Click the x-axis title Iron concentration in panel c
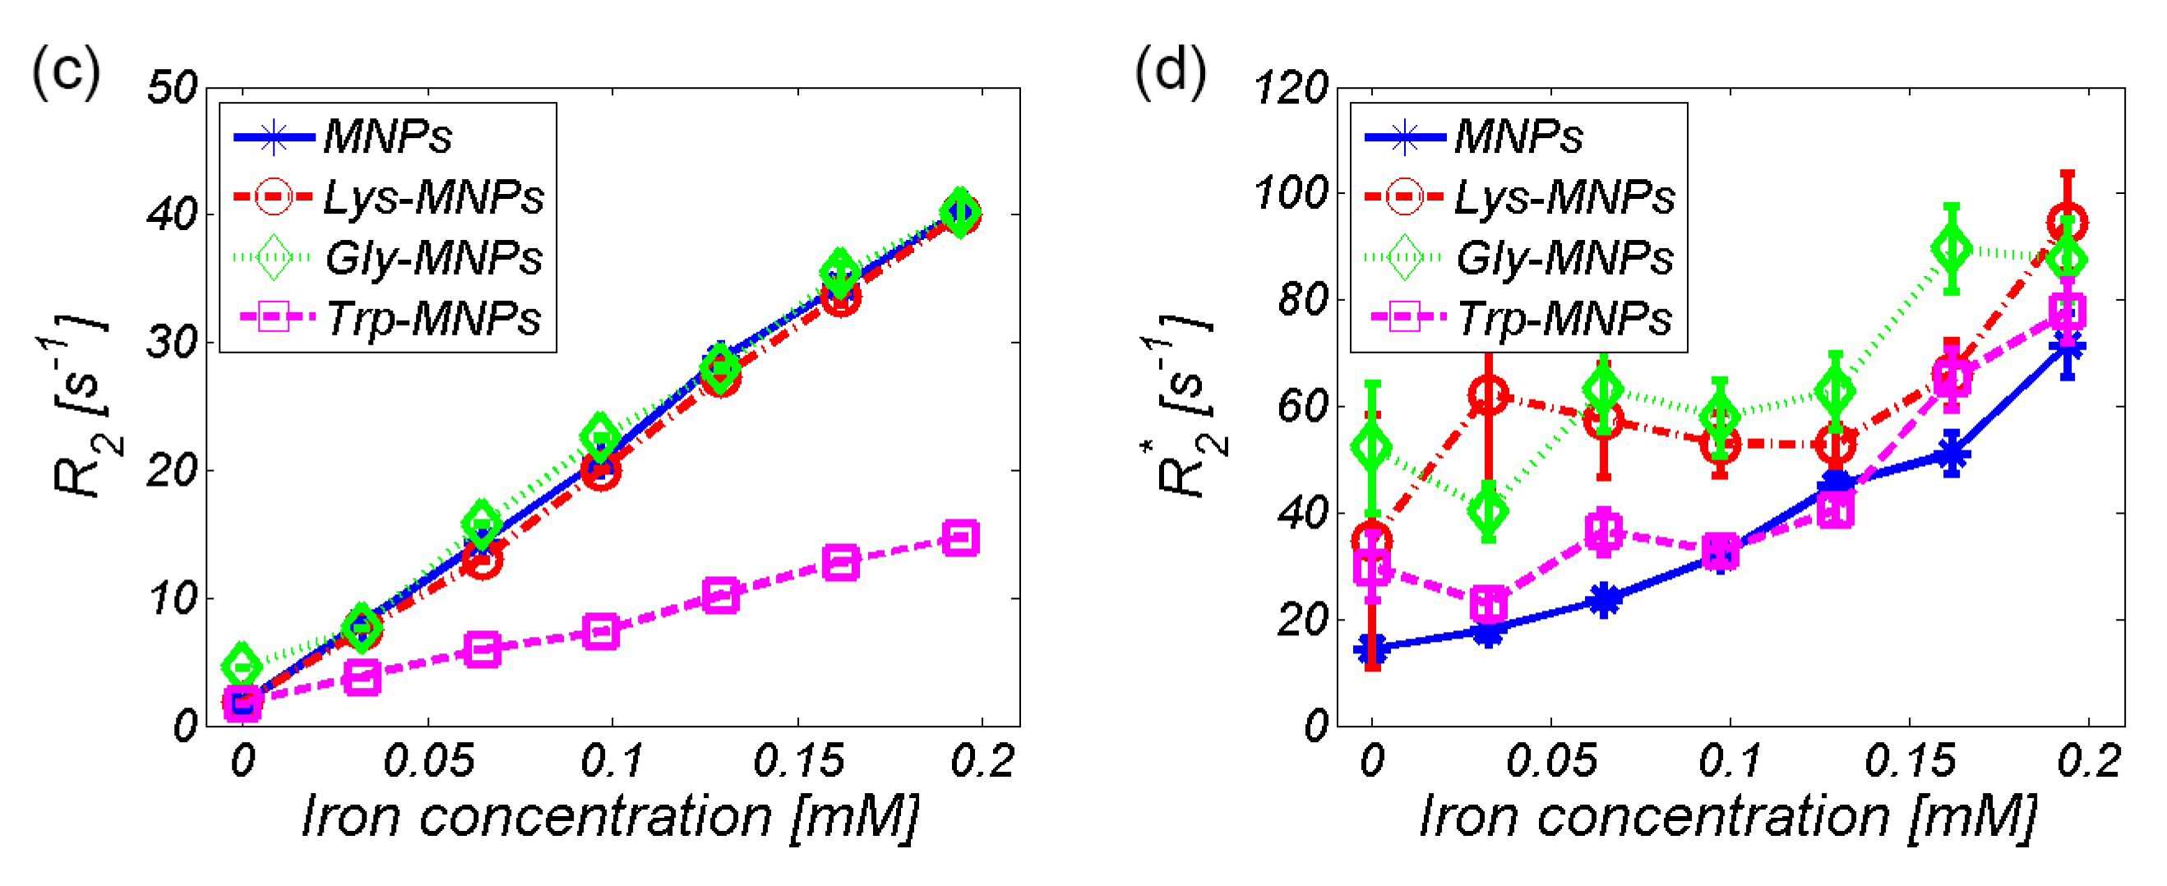point(610,816)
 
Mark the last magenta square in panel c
point(961,538)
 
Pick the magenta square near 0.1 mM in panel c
point(600,631)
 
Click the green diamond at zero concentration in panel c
point(242,667)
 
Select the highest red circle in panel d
point(2067,223)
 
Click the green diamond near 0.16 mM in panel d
point(1952,249)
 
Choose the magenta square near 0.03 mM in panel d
point(1488,603)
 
